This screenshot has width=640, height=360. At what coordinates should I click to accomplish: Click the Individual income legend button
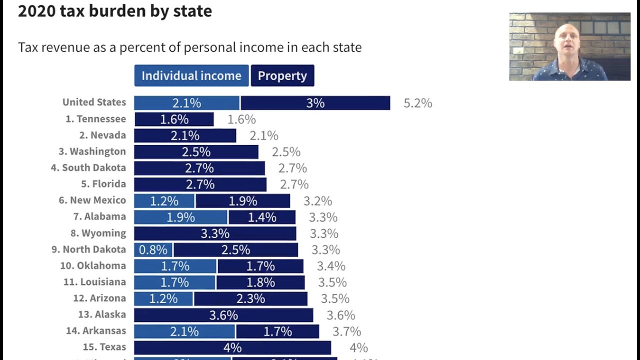[x=191, y=75]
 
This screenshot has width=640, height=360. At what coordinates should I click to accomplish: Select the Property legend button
[x=282, y=75]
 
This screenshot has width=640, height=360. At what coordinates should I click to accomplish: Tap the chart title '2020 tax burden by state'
[x=115, y=11]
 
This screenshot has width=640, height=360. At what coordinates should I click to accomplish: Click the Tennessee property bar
[x=174, y=119]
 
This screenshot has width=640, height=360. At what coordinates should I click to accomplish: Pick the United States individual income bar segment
[x=186, y=103]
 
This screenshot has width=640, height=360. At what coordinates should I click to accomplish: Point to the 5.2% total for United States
[x=417, y=103]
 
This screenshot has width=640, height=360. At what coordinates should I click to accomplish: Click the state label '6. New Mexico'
[x=92, y=200]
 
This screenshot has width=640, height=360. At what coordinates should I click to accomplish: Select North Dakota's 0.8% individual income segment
[x=153, y=249]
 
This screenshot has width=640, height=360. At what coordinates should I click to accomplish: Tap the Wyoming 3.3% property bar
[x=215, y=233]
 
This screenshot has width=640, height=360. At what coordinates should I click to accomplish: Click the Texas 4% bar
[x=232, y=347]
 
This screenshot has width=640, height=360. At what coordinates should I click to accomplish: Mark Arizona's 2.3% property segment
[x=250, y=298]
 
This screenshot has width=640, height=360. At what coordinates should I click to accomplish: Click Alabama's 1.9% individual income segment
[x=180, y=217]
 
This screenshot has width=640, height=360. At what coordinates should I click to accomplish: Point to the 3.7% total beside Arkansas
[x=346, y=331]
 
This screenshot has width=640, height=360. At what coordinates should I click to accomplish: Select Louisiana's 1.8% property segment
[x=260, y=282]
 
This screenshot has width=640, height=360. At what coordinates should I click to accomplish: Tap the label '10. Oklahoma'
[x=93, y=265]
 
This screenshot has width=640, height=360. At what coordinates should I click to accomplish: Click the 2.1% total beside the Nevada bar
[x=263, y=135]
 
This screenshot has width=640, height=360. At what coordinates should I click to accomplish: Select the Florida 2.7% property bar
[x=200, y=184]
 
